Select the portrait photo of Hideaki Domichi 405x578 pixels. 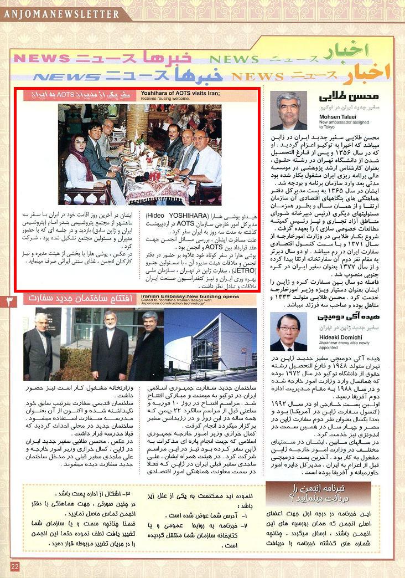click(288, 331)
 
